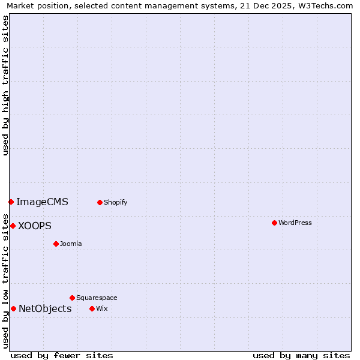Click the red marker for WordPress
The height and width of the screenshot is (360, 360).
coord(274,223)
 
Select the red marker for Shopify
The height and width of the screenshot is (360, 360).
coord(100,202)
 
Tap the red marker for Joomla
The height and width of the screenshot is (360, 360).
coord(56,244)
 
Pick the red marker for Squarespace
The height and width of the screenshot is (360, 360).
coord(72,298)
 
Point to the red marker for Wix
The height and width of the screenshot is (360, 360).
coord(92,308)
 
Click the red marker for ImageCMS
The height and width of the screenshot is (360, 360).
coord(11,202)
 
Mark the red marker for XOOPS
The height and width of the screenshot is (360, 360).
coord(13,226)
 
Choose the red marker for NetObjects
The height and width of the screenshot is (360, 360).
coord(13,308)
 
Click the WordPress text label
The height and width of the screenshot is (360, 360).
coord(295,223)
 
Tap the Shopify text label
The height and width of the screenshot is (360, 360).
coord(116,202)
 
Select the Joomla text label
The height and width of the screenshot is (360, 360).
coord(71,244)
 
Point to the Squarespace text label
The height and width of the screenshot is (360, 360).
coord(97,298)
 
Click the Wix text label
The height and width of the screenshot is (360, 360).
coord(101,308)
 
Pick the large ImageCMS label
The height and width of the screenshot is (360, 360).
coord(42,202)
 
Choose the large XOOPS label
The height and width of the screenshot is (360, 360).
coord(35,226)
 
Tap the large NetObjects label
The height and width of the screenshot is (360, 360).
coord(45,308)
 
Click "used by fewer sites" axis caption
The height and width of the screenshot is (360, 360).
coord(62,355)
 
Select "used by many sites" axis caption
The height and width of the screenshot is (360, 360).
coord(301,355)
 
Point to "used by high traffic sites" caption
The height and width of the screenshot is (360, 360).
coord(5,85)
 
